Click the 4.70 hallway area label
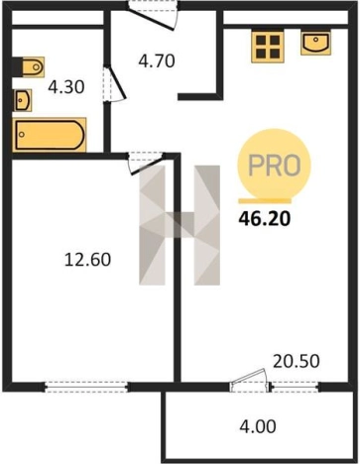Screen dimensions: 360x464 coord(157,61)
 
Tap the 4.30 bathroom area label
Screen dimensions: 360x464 coord(66,87)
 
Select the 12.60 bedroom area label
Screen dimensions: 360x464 coord(87,259)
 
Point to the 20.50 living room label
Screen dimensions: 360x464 coord(297,361)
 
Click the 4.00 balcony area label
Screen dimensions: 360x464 coord(258,426)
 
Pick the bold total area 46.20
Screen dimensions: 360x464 coord(265,218)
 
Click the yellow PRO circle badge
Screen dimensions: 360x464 coord(274,165)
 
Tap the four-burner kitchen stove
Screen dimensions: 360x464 coord(268,47)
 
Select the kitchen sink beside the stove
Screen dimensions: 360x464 coord(316,42)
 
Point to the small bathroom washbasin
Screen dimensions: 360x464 coord(23,100)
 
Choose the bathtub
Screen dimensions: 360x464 coord(50,135)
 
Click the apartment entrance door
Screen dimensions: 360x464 coord(154,16)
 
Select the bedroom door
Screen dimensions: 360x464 coord(146,163)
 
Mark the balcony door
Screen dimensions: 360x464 coord(249,380)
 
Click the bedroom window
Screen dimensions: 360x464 coord(86,387)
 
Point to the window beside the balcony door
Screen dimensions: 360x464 coord(296,387)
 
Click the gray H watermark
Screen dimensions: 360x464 coord(180,225)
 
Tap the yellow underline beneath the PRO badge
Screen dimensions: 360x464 coord(265,200)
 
